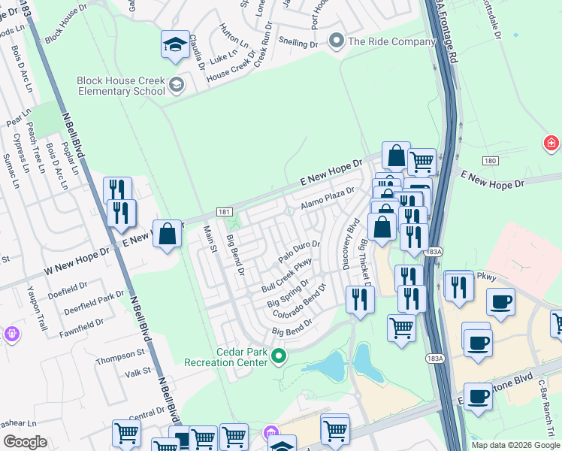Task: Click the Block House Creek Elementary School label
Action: tap(120, 86)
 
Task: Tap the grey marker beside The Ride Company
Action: tap(336, 41)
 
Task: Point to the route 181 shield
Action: tap(223, 213)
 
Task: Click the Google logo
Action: tap(25, 442)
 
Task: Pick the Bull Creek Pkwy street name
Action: tap(286, 276)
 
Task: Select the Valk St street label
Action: tap(137, 372)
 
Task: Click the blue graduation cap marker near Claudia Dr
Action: tap(175, 46)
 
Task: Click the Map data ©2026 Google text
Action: tap(514, 445)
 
